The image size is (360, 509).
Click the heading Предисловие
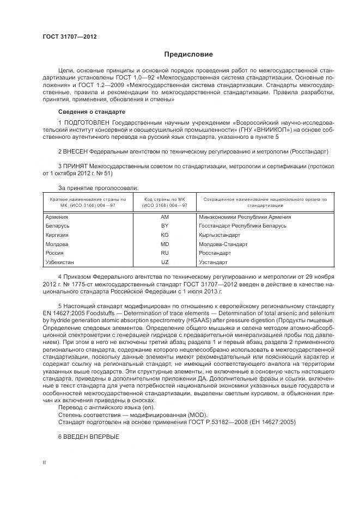click(x=188, y=54)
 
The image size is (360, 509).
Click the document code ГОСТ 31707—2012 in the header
click(x=70, y=38)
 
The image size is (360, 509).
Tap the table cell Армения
click(x=57, y=217)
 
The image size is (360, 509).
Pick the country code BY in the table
click(x=164, y=225)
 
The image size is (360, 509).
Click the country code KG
click(x=164, y=235)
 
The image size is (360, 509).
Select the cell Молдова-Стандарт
click(x=223, y=244)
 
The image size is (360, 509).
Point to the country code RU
click(x=164, y=253)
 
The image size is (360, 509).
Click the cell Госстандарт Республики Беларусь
click(x=242, y=225)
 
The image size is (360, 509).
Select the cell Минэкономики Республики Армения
click(x=245, y=217)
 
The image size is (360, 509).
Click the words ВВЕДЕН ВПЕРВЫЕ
click(x=91, y=438)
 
